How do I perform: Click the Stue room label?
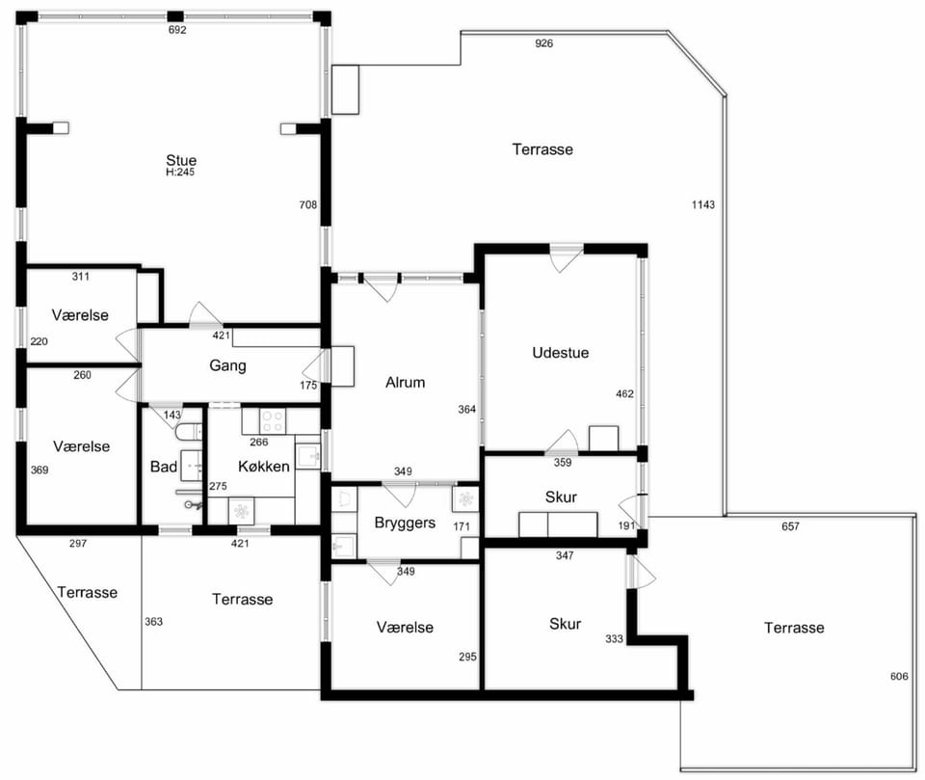pos(181,160)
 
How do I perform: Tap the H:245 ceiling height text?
pos(180,173)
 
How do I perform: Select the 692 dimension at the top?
pos(177,30)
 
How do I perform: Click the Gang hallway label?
pos(227,366)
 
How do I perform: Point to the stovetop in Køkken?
pos(273,420)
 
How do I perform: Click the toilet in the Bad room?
pos(189,432)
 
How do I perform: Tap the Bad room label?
pos(164,467)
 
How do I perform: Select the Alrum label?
pos(406,383)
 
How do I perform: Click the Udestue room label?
pos(561,353)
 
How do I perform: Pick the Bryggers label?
pos(406,524)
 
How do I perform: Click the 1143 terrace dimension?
pos(703,205)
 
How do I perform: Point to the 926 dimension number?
pos(543,43)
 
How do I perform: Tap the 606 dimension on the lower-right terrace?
pos(899,677)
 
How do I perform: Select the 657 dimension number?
pos(790,526)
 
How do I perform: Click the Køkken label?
pos(264,467)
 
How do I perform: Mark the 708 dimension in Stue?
pos(308,205)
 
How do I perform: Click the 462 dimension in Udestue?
pos(624,393)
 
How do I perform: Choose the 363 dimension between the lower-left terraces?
pos(153,622)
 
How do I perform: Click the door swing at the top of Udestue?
pos(566,259)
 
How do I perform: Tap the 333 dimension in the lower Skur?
pos(614,639)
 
